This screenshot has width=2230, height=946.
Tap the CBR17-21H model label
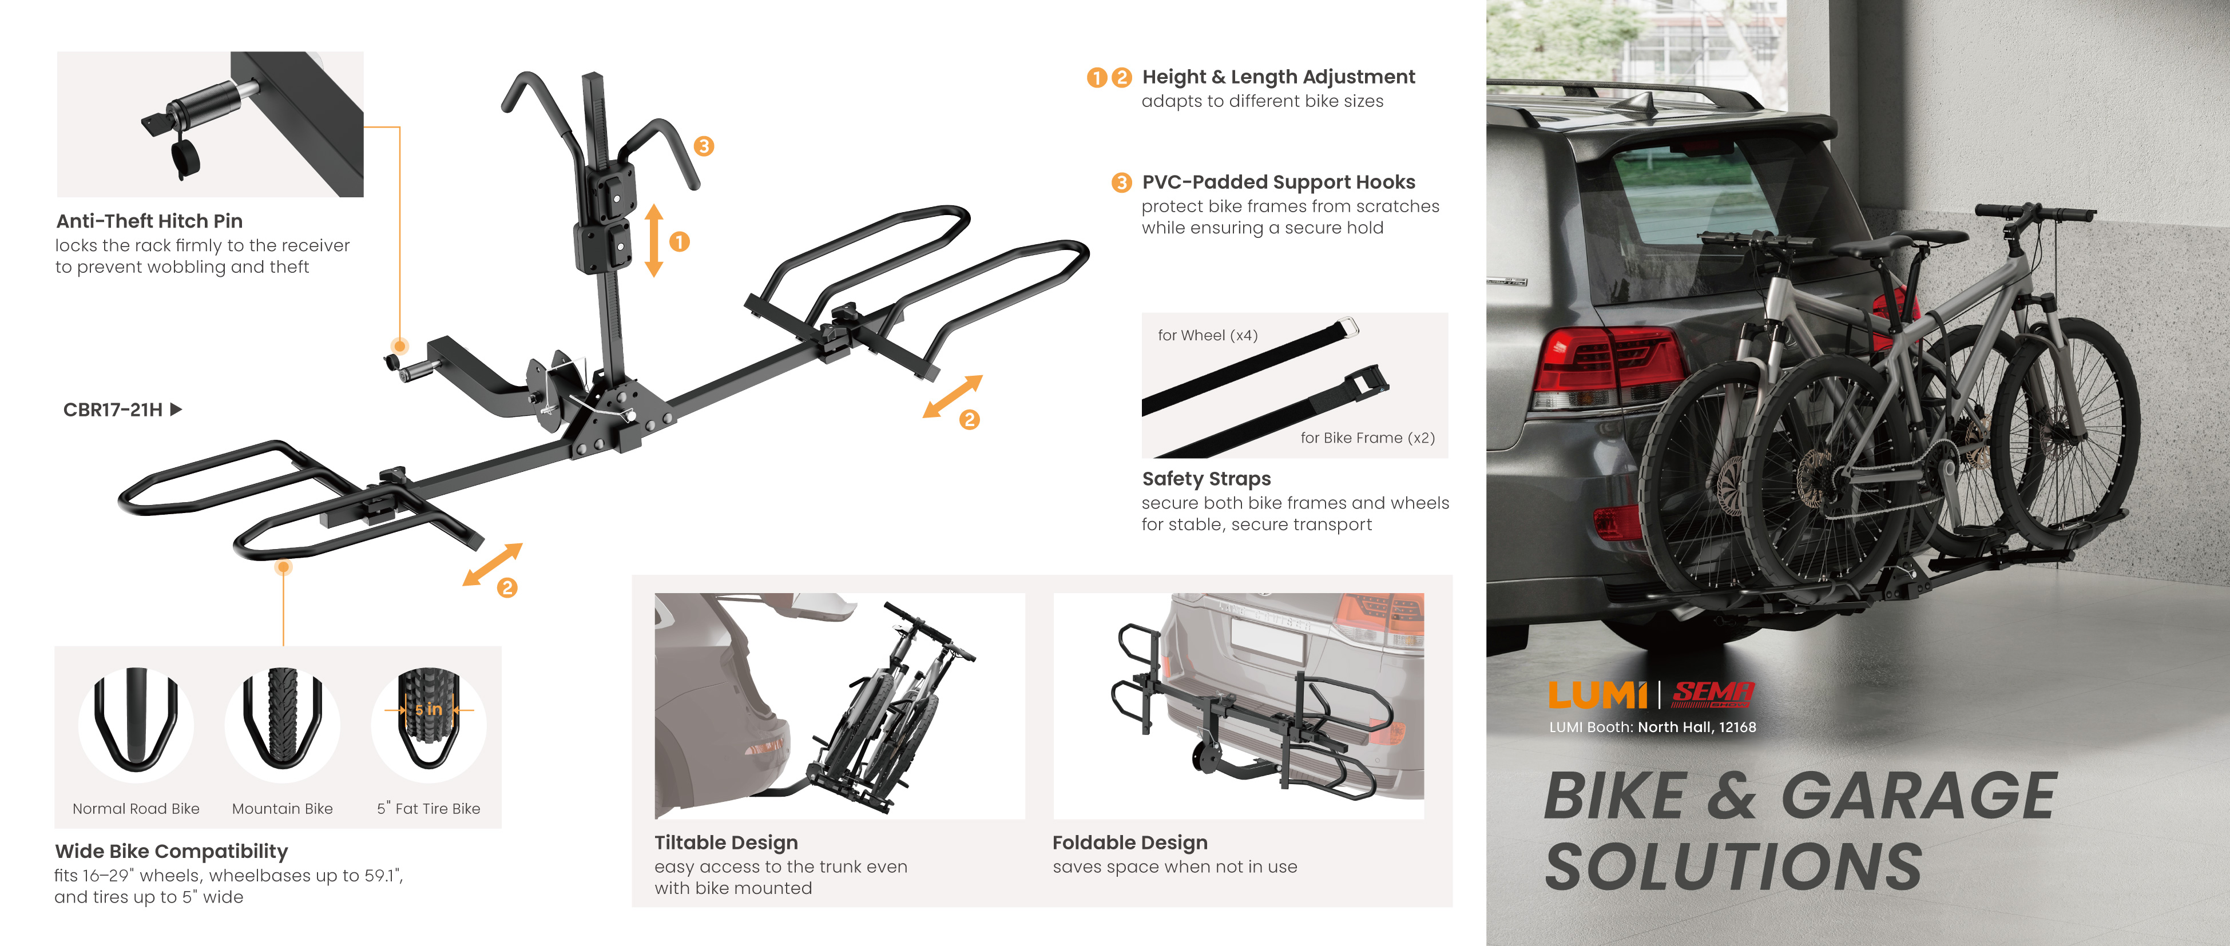[113, 410]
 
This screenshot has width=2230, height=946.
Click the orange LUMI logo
[1597, 694]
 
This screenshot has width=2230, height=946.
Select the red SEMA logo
[1712, 693]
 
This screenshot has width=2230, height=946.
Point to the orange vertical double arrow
[654, 241]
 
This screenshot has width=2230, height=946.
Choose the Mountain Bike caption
[282, 808]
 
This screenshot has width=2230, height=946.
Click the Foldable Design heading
[1130, 843]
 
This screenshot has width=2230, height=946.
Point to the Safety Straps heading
[1207, 479]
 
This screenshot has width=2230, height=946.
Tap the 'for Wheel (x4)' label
[1208, 336]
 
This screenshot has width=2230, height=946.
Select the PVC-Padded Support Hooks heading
[1279, 182]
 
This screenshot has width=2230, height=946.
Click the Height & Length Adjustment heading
[1279, 78]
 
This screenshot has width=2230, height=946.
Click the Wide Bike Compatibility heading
[172, 852]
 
